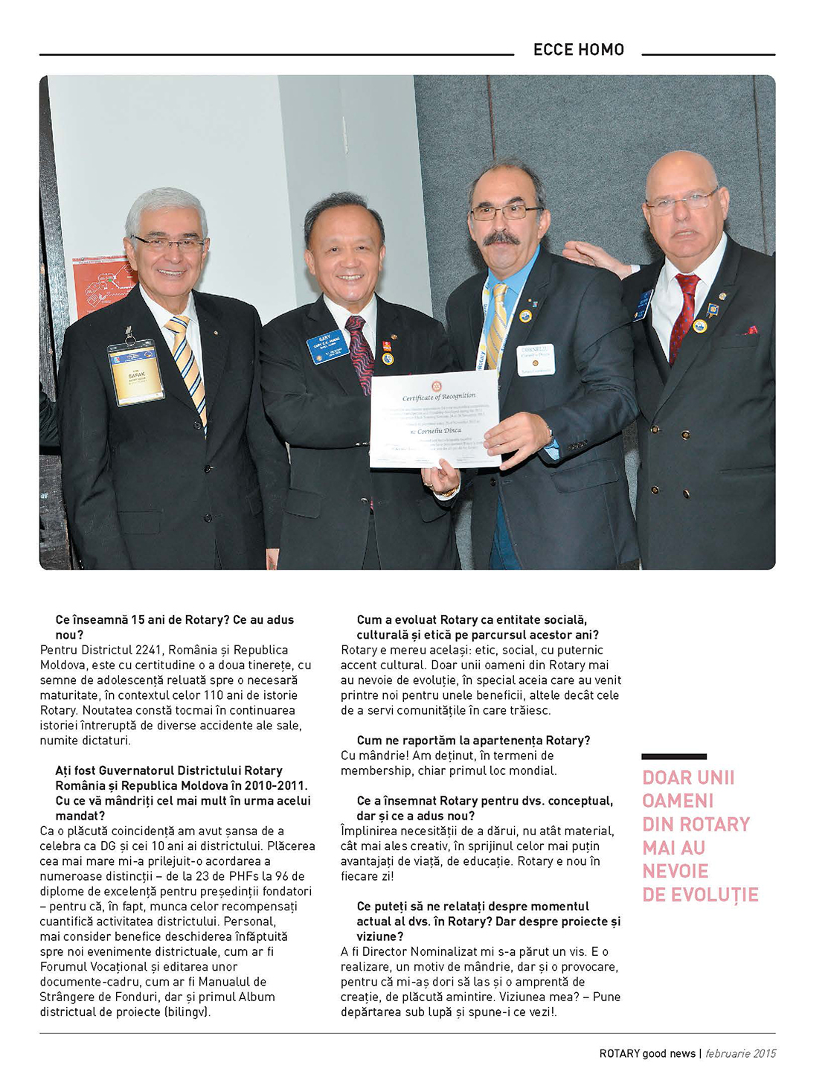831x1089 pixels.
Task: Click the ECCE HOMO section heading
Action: click(578, 50)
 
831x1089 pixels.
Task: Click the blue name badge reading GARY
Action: click(327, 346)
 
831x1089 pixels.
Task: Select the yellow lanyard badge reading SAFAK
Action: click(136, 372)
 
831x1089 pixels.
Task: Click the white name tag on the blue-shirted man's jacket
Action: click(536, 360)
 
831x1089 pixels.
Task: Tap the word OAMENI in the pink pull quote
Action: click(678, 801)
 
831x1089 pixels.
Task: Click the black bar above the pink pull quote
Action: click(674, 757)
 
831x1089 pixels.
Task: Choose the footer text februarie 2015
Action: click(740, 1053)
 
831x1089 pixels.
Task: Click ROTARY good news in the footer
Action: click(647, 1053)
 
